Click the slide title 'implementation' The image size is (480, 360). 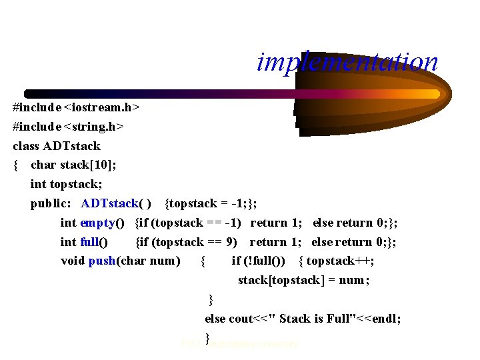tap(347, 62)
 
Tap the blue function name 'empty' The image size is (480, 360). tap(97, 223)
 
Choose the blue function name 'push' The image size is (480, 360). tap(102, 261)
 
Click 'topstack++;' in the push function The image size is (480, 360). tap(340, 261)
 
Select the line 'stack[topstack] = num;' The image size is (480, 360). tap(304, 280)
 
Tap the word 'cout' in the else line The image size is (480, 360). tap(240, 319)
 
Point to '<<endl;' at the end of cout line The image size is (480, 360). tap(380, 319)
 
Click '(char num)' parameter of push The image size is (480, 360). tap(149, 261)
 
